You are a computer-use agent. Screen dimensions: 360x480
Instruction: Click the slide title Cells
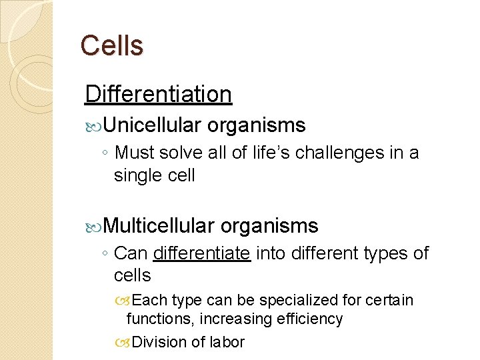(x=111, y=46)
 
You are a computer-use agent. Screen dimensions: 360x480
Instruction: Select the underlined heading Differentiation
(x=158, y=94)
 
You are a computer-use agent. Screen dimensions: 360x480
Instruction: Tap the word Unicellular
(x=152, y=125)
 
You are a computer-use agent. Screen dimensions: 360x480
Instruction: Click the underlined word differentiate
(x=201, y=253)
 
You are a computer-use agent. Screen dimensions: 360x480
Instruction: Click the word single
(x=136, y=175)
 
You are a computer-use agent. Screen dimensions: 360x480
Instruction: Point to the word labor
(x=227, y=342)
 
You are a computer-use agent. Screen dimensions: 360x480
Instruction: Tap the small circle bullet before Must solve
(x=106, y=154)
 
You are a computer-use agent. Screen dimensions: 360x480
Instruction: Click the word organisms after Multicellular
(x=269, y=226)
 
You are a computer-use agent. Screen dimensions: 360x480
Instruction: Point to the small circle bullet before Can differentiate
(x=106, y=255)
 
